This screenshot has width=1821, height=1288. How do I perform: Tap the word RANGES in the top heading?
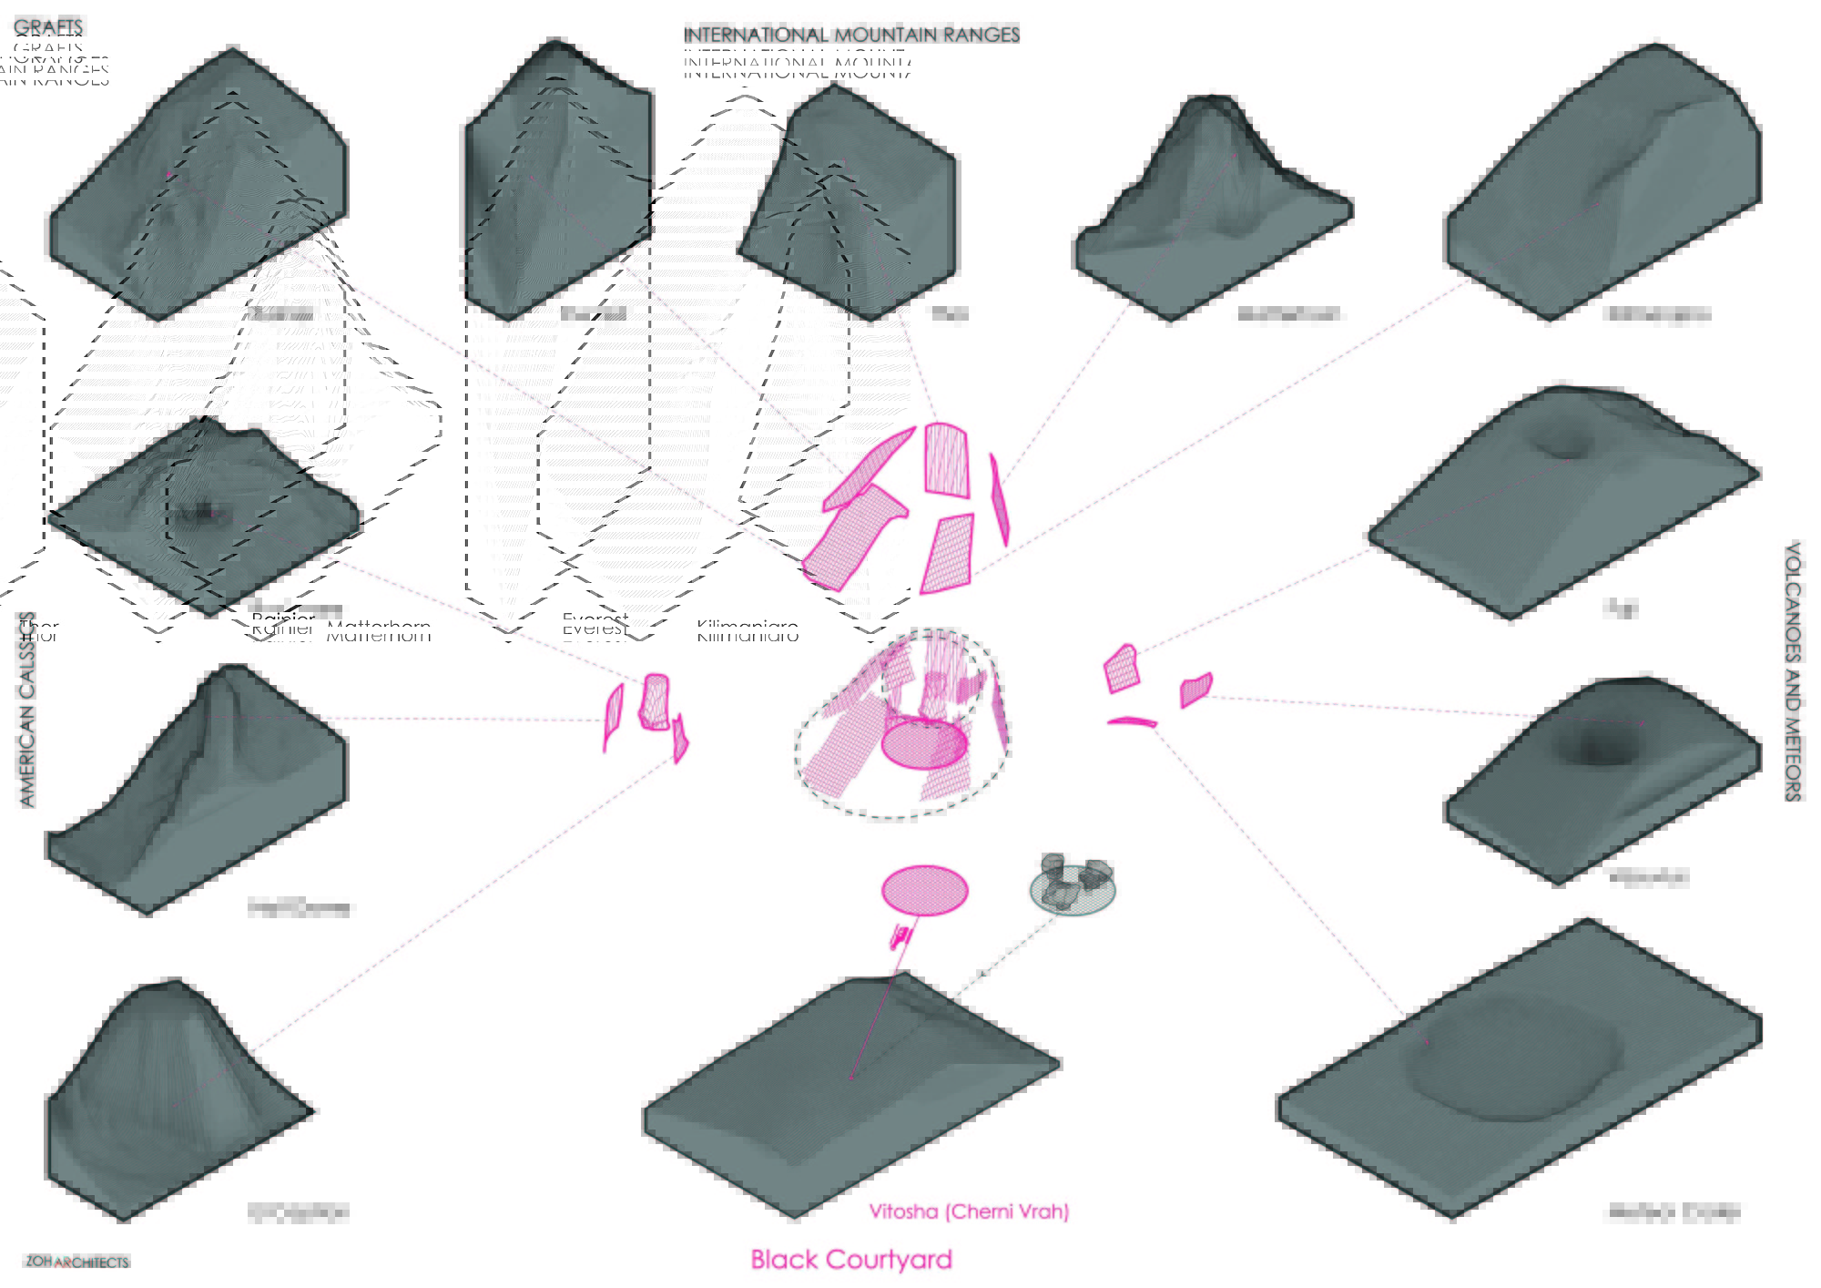(982, 35)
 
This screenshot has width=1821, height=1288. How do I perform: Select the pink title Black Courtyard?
(850, 1259)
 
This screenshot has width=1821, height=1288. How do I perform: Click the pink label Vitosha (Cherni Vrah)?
(968, 1211)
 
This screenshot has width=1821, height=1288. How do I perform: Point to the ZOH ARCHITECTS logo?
(77, 1262)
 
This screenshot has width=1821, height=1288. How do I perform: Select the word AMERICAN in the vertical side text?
(26, 738)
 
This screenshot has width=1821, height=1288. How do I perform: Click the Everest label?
(595, 627)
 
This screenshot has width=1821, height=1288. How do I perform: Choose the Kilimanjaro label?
(747, 630)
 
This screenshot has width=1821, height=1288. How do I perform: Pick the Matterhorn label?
(378, 630)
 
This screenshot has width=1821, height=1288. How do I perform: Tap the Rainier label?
(282, 627)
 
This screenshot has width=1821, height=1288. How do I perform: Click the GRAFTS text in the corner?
(48, 27)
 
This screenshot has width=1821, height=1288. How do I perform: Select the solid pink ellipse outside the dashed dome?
(924, 890)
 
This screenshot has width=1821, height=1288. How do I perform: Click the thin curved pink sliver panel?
(1132, 722)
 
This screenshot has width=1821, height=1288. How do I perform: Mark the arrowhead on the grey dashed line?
(982, 975)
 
